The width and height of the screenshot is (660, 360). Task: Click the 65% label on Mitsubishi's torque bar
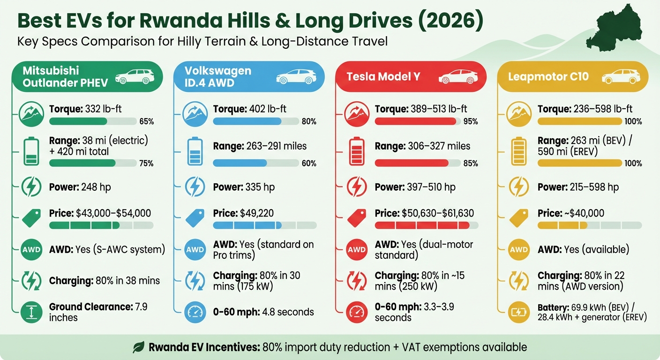coord(146,122)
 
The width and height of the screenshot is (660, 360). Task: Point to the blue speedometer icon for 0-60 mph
coord(194,312)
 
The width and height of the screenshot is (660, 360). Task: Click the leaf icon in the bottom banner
coord(138,347)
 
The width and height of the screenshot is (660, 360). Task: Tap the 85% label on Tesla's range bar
coord(470,164)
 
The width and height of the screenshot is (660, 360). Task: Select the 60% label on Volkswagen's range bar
coord(309,164)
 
